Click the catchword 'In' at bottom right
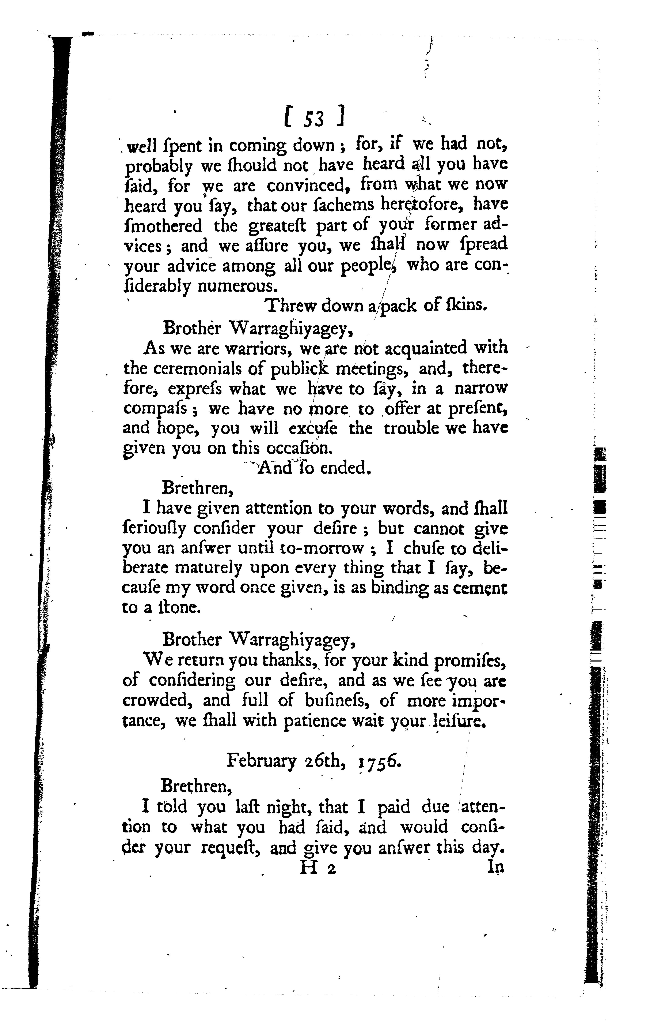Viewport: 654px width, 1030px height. pos(496,867)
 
